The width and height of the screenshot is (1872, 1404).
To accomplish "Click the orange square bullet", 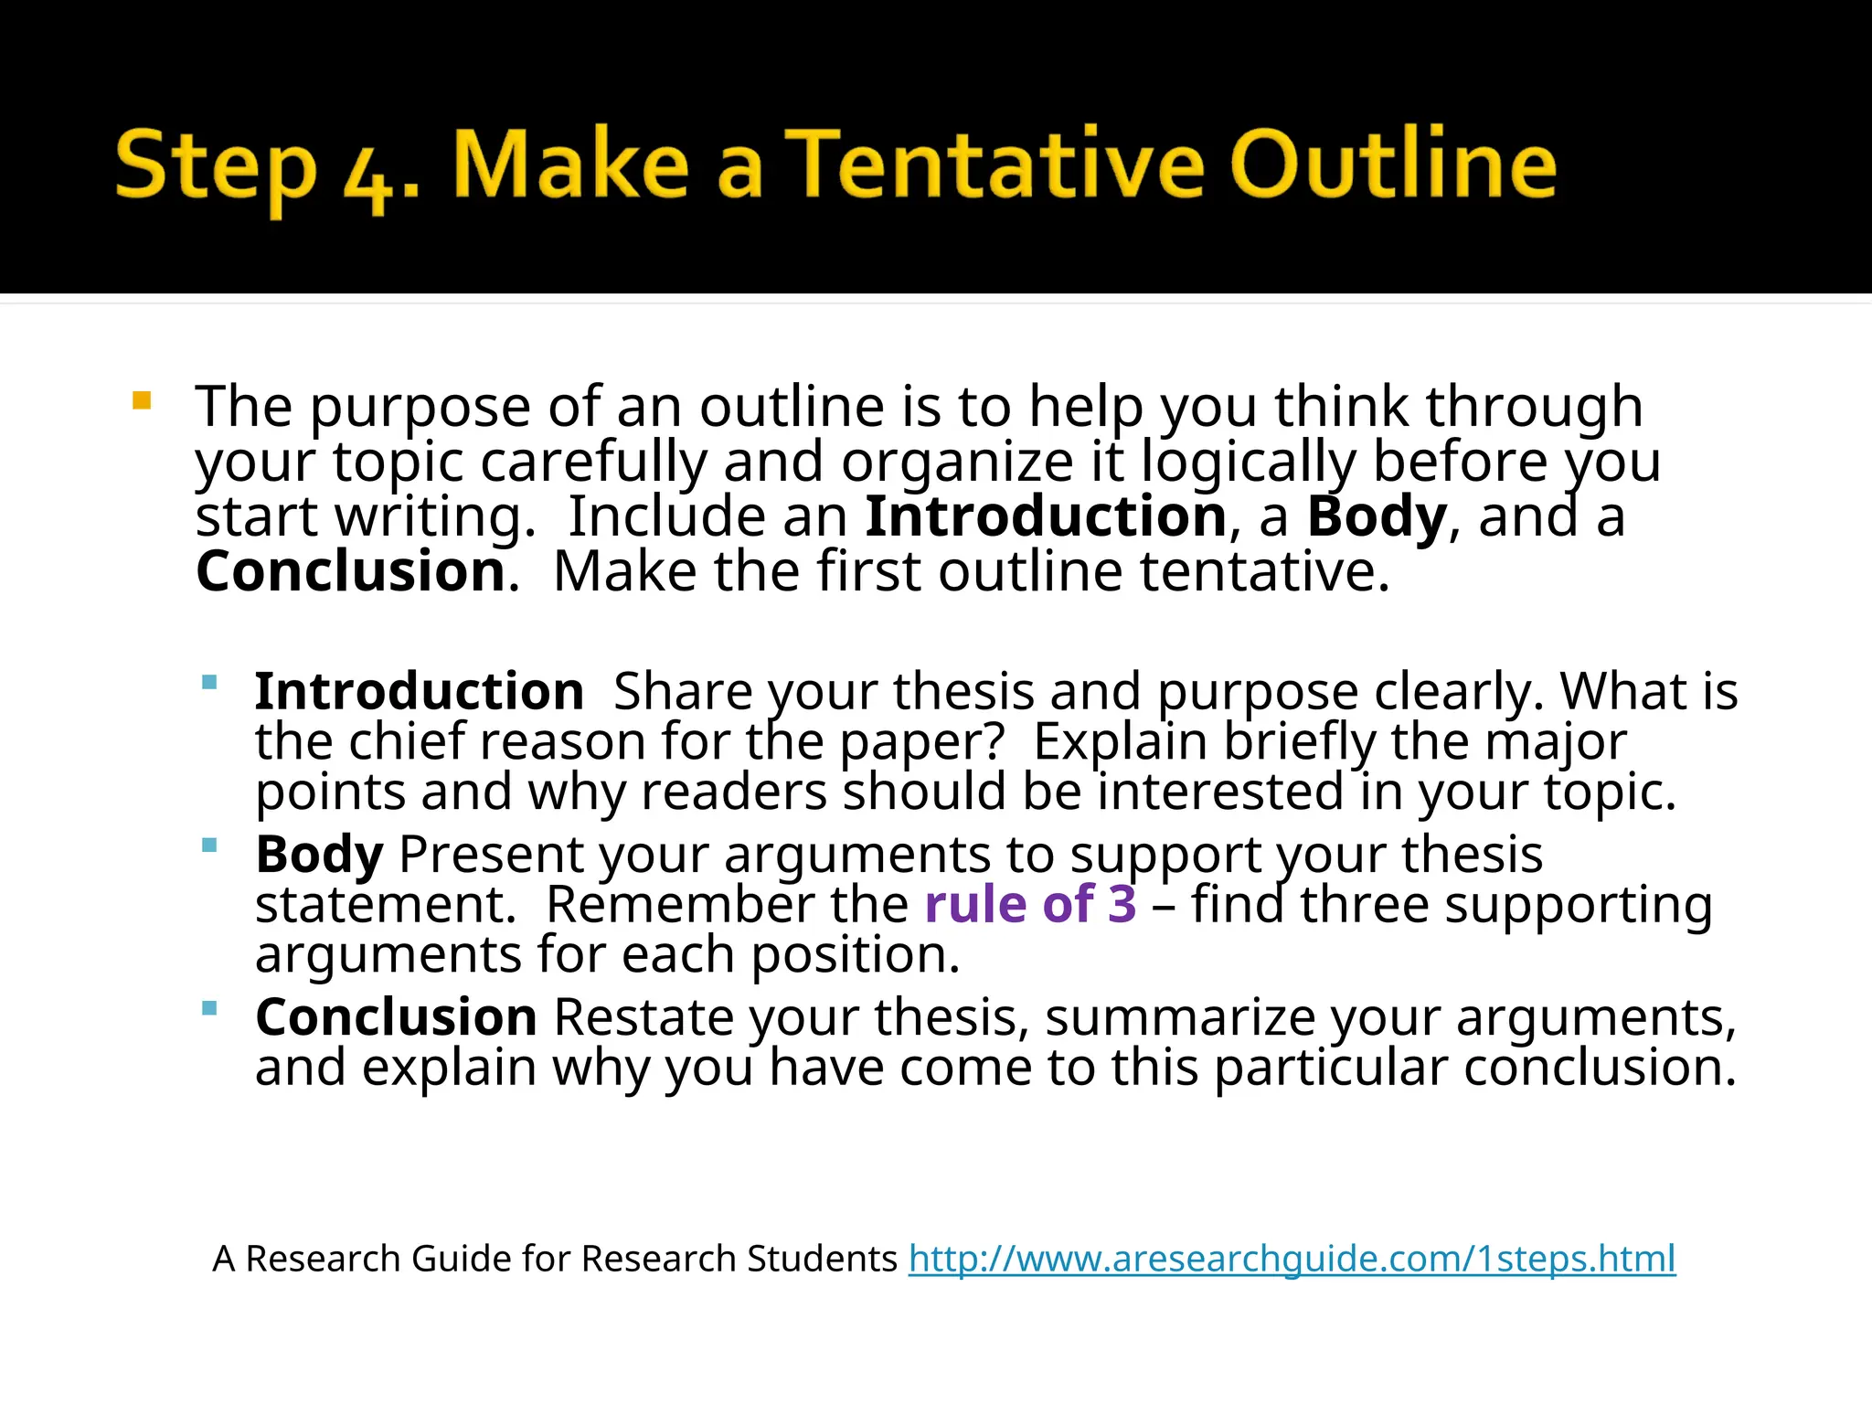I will pyautogui.click(x=142, y=400).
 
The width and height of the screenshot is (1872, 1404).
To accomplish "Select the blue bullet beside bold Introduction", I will pyautogui.click(x=209, y=682).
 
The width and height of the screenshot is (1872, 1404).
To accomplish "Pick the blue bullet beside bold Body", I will pyautogui.click(x=209, y=846).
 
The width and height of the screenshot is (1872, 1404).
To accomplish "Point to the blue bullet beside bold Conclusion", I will pyautogui.click(x=209, y=1008).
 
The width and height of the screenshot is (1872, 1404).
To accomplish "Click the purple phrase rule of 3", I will pyautogui.click(x=1030, y=904).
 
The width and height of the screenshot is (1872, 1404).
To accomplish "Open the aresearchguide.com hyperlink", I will pyautogui.click(x=1292, y=1259).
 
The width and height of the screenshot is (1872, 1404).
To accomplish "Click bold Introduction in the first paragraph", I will pyautogui.click(x=1046, y=516).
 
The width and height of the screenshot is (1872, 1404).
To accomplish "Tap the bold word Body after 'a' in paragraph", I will pyautogui.click(x=1377, y=516).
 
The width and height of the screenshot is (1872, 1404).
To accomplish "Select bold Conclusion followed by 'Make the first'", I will pyautogui.click(x=351, y=571).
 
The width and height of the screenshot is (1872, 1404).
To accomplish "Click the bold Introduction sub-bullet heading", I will pyautogui.click(x=420, y=691).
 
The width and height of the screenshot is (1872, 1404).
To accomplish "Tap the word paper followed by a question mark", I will pyautogui.click(x=912, y=742).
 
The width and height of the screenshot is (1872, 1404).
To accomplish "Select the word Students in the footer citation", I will pyautogui.click(x=822, y=1259).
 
